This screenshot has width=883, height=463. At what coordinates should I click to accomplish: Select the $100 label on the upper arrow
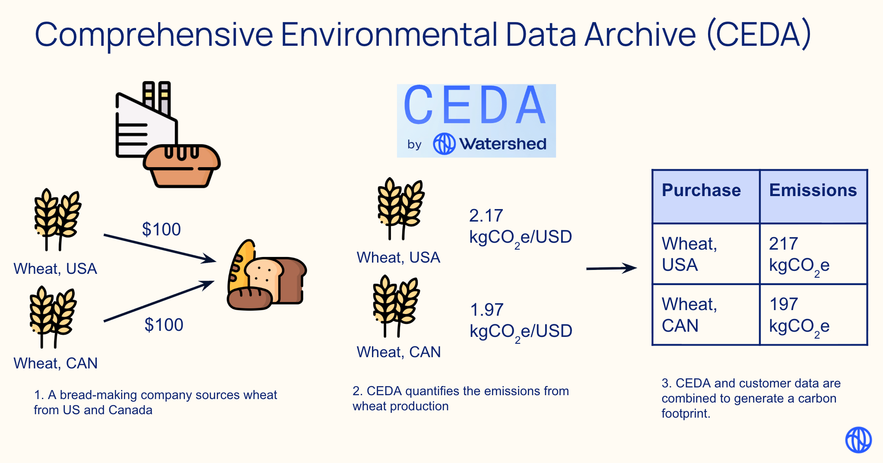[161, 229]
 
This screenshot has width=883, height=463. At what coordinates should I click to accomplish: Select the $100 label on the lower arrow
[164, 325]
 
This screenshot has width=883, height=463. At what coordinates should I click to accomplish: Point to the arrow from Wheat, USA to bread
[160, 248]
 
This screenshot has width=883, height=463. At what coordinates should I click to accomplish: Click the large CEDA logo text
[475, 106]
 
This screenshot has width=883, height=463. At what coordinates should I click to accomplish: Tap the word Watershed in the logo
[502, 144]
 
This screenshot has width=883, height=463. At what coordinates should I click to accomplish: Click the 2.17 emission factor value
[486, 216]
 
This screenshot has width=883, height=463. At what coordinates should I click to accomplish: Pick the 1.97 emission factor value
[486, 310]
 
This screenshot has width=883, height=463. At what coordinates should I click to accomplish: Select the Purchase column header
[701, 190]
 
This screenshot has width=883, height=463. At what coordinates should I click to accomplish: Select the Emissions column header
[813, 190]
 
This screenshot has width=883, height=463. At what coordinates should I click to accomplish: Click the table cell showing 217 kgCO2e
[813, 254]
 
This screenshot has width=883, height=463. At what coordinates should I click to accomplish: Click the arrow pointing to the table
[611, 268]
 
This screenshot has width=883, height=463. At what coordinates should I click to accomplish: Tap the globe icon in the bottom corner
[858, 440]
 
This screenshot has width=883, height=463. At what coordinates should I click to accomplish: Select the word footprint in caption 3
[685, 414]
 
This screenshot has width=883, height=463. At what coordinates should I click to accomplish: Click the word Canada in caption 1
[130, 410]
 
